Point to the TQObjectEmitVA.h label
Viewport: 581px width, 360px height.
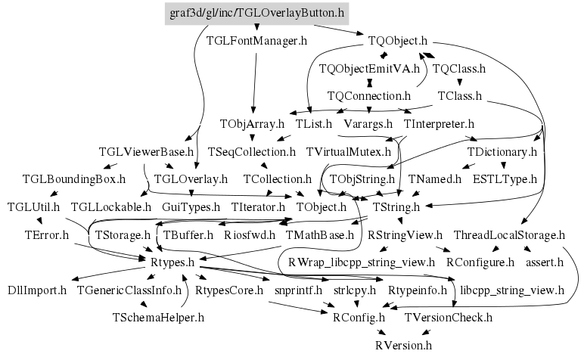pos(368,69)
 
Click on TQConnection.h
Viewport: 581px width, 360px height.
pos(368,96)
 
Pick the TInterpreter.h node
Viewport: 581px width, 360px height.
pos(439,123)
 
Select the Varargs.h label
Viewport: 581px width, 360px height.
pos(368,123)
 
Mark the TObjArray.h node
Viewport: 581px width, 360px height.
pos(252,123)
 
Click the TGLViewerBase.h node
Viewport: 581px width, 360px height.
pos(142,151)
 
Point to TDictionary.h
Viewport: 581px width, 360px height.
pos(502,151)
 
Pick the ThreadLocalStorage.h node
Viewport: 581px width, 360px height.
pos(509,234)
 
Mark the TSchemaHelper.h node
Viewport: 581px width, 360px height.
pos(158,317)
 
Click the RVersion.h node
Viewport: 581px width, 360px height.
pos(403,345)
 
